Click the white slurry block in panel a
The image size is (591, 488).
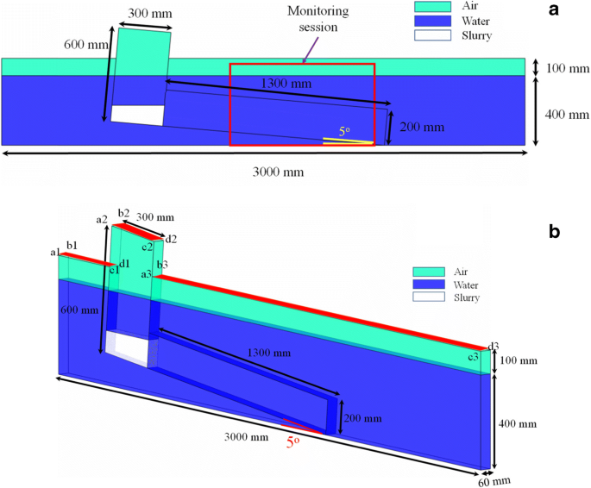tap(138, 115)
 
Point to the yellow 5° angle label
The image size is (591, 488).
tap(344, 132)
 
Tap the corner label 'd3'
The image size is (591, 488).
tap(494, 347)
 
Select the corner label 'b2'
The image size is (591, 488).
tap(123, 213)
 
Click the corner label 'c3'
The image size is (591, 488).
tap(473, 356)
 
